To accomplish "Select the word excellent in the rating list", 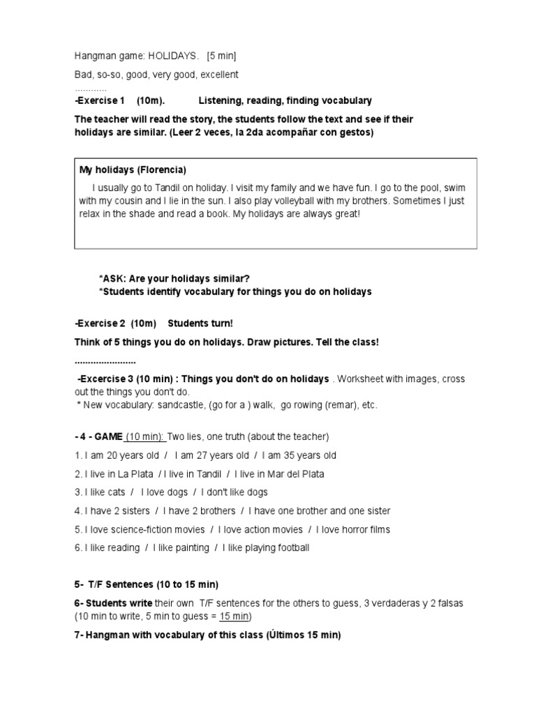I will tap(216, 74).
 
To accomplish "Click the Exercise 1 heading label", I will tap(100, 101).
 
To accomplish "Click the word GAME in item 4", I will tap(108, 436).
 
